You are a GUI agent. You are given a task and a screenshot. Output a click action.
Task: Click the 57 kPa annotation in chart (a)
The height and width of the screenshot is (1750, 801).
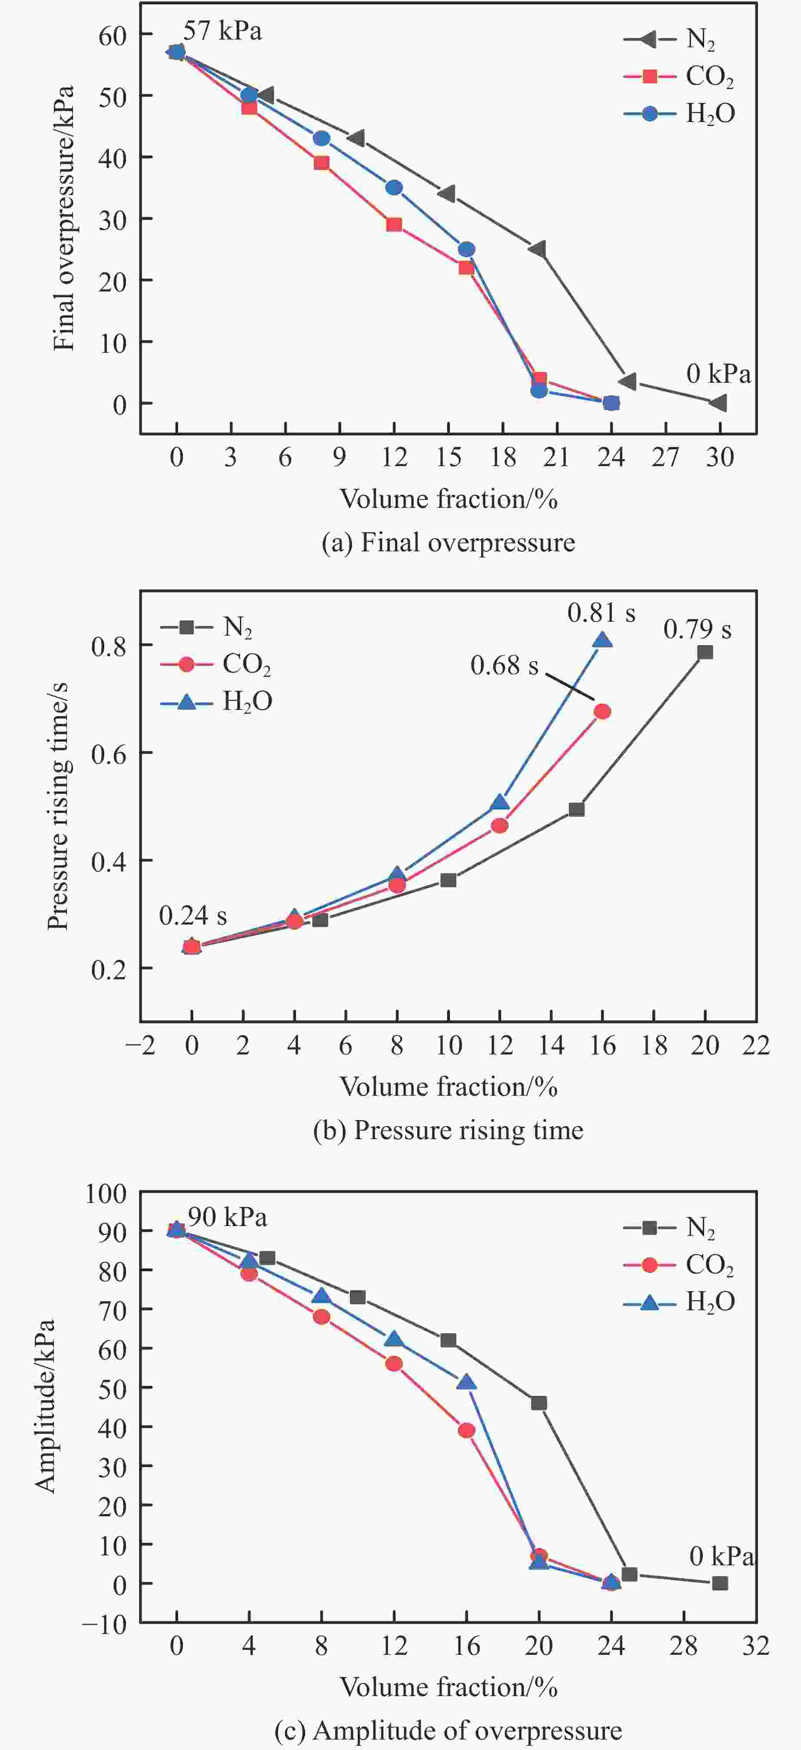tap(222, 31)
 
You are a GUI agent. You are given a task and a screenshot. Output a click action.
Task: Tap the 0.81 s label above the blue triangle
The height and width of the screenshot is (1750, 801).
tap(601, 613)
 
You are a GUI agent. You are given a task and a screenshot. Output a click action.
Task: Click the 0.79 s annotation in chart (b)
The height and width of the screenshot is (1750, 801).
tap(697, 630)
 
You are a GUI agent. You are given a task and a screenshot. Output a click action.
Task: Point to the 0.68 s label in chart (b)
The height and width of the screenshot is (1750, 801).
tap(504, 666)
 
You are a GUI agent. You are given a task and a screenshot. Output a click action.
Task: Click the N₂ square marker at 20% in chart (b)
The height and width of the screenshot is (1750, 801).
tap(705, 652)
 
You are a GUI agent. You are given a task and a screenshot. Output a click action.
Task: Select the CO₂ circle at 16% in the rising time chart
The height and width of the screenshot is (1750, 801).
tap(602, 711)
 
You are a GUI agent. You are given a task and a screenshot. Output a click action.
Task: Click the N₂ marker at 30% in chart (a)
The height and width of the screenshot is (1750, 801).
tap(719, 403)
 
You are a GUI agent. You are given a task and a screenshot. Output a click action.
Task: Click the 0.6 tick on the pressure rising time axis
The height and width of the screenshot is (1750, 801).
tap(109, 753)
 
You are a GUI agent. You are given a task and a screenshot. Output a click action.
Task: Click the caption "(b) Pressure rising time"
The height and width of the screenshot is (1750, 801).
tap(449, 1130)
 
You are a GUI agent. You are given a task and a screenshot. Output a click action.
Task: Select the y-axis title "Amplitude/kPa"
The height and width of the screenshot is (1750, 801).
tap(45, 1406)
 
